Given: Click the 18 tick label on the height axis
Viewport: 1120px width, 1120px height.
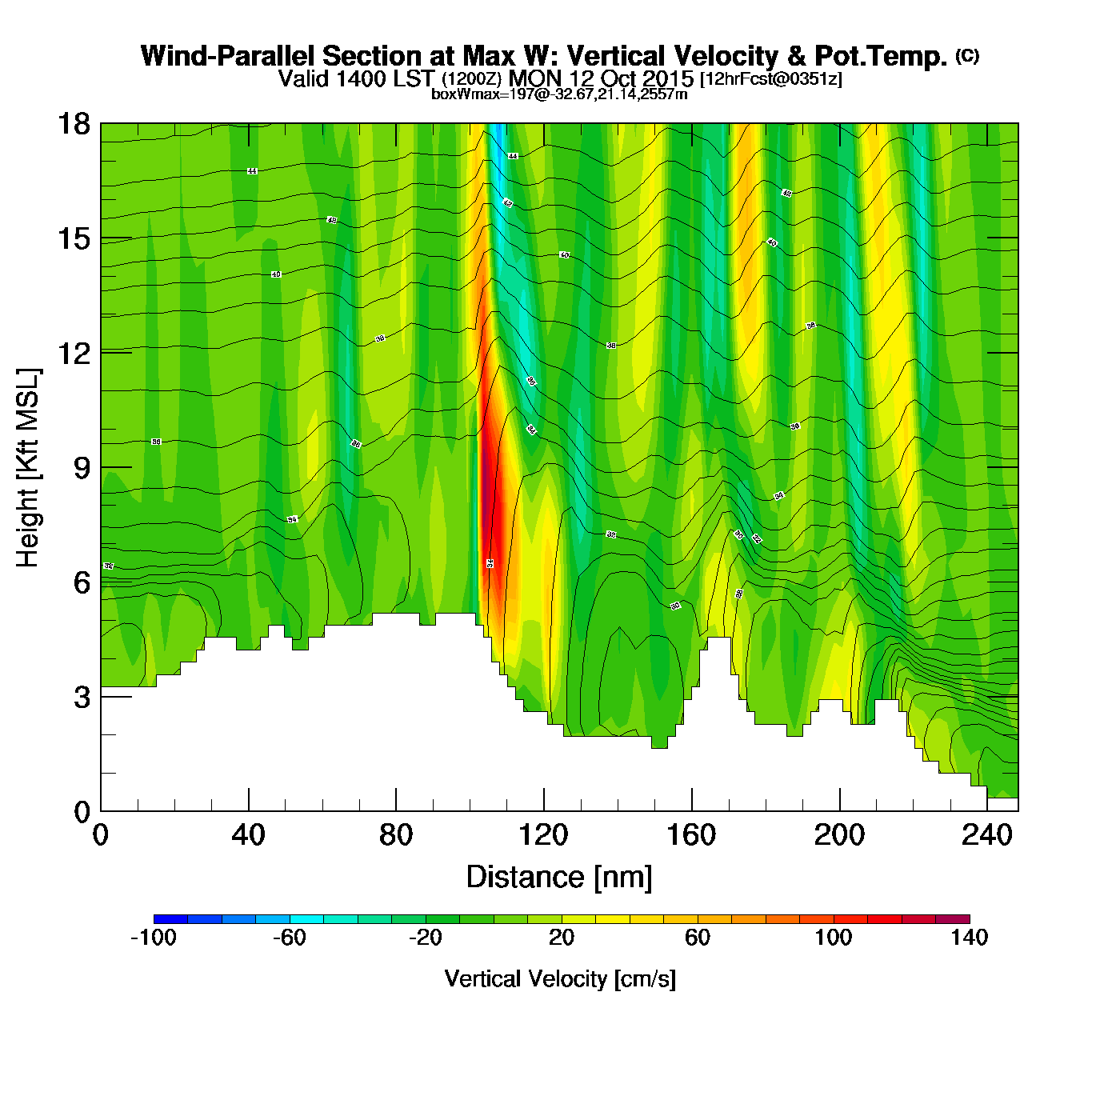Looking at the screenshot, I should point(73,124).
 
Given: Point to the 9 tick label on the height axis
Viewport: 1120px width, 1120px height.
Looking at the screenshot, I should point(82,468).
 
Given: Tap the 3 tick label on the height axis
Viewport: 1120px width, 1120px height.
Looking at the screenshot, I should point(82,698).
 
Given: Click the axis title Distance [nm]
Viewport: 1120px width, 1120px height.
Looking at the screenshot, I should point(559,878).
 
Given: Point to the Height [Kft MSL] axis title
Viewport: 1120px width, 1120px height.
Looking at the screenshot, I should point(28,468).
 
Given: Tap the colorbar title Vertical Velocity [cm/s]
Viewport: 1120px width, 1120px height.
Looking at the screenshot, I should point(560,978).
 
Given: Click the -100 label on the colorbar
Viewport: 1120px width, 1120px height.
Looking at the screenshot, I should point(153,938).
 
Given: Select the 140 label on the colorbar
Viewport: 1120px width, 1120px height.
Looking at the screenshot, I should point(970,938).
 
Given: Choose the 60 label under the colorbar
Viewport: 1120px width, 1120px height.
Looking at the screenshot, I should point(698,938).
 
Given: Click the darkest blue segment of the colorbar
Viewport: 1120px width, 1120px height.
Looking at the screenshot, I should point(170,919).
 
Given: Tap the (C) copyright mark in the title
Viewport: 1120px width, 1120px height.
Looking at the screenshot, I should point(967,55).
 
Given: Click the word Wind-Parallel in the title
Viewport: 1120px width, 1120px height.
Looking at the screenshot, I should point(229,56).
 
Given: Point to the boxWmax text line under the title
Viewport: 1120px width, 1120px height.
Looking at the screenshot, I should point(559,94).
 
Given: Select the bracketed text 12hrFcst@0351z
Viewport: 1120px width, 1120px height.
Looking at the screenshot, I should point(771,79).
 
